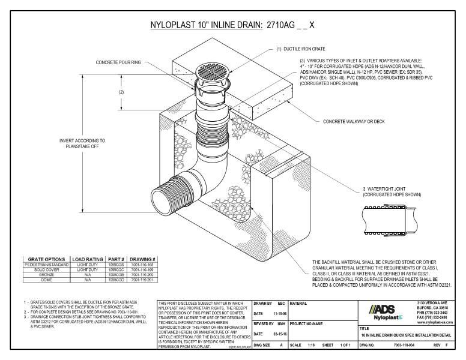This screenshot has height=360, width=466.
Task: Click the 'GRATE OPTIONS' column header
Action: (47, 259)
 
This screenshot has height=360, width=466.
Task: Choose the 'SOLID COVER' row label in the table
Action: (47, 270)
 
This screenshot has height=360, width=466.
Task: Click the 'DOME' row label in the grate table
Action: (47, 279)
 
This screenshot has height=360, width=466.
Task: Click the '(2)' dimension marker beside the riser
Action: (122, 92)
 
